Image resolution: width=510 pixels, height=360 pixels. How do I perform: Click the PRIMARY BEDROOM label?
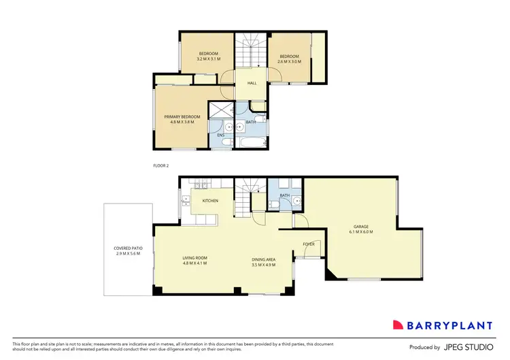(182, 116)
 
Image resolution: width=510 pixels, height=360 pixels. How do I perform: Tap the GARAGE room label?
(361, 227)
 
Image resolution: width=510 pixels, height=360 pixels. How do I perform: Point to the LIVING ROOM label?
(194, 258)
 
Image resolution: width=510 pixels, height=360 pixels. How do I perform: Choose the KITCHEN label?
(210, 201)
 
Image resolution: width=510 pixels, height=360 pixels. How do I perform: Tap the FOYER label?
(308, 244)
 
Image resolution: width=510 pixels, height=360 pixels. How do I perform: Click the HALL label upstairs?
(252, 83)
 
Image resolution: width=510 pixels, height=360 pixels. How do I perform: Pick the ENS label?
(221, 135)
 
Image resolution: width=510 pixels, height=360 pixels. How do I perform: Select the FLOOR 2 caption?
(161, 165)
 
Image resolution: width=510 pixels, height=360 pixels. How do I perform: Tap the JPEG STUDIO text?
(469, 347)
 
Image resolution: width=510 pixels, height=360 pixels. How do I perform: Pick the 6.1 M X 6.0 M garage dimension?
(361, 232)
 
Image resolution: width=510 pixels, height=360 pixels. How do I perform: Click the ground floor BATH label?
(284, 195)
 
